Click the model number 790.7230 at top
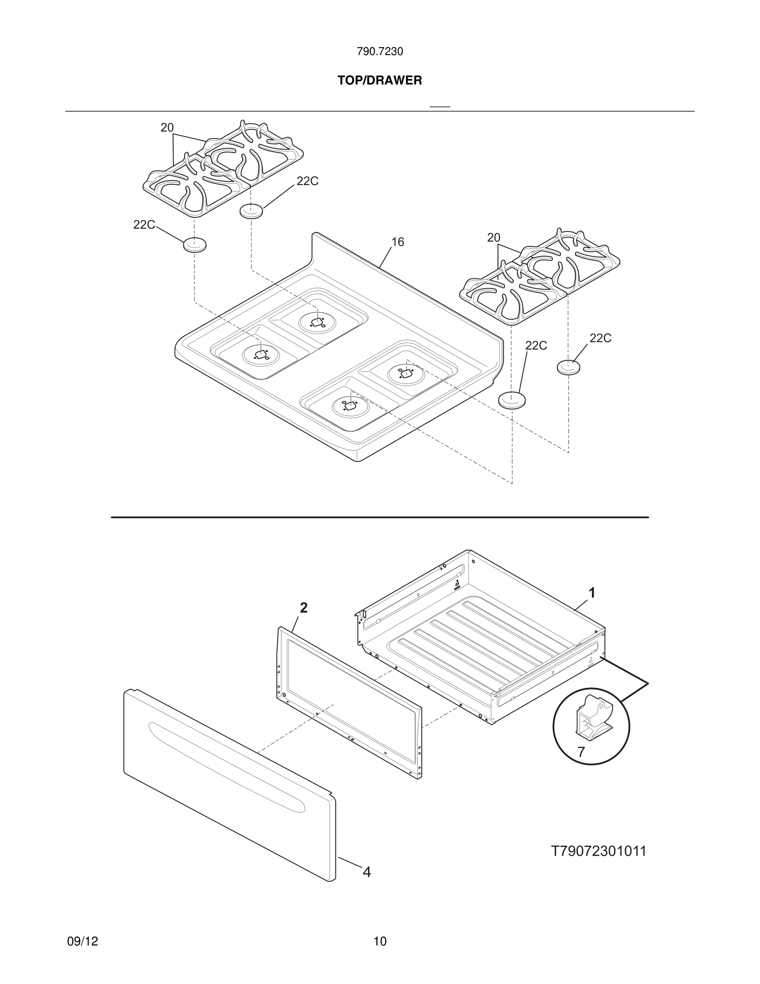point(380,52)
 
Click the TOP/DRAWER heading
point(380,81)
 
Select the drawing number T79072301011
point(599,851)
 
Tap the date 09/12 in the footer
point(82,941)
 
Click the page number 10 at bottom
point(380,941)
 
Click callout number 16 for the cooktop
point(397,242)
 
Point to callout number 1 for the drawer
point(592,593)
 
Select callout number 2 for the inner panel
point(304,608)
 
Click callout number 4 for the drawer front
point(367,872)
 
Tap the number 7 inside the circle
point(581,752)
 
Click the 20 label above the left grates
point(167,128)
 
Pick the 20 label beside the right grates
point(493,237)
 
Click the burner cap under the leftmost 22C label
point(195,245)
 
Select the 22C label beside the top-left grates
point(307,181)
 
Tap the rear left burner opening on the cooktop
point(318,322)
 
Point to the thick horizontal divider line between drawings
point(380,517)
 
